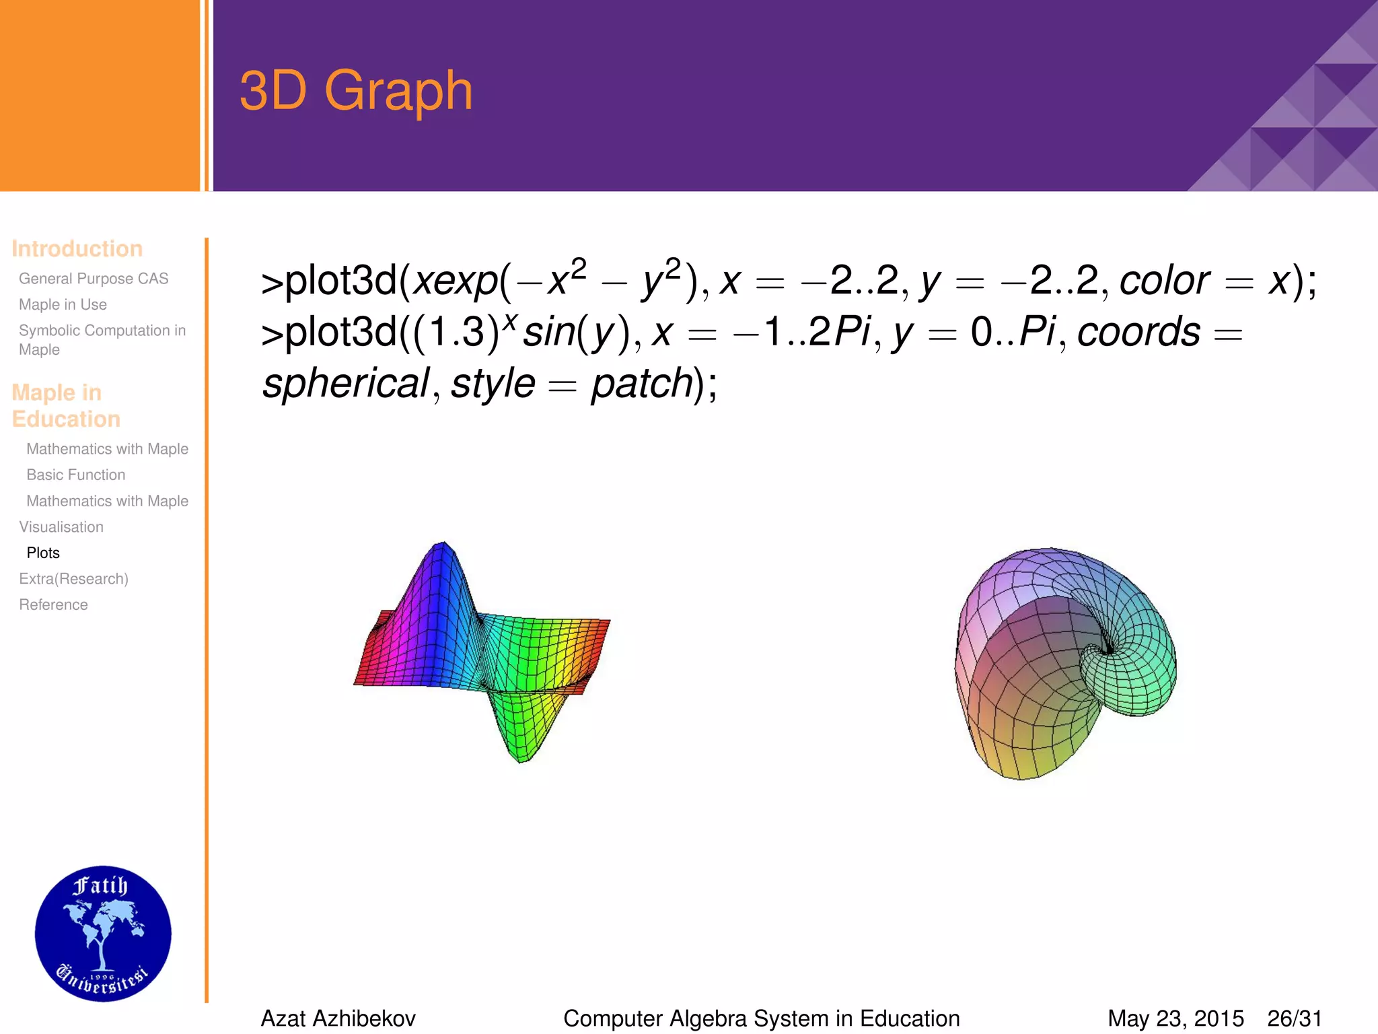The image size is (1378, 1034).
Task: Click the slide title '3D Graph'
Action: coord(356,91)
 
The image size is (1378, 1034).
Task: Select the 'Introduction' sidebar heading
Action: coord(77,248)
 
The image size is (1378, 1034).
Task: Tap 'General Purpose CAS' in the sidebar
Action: coord(94,279)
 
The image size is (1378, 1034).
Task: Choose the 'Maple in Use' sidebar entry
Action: coord(63,304)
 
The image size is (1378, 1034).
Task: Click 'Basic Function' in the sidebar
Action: coord(75,475)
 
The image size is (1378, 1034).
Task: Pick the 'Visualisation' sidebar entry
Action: coord(61,526)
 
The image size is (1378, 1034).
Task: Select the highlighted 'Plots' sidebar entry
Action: coord(43,553)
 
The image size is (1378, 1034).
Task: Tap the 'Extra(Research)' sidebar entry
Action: coord(73,579)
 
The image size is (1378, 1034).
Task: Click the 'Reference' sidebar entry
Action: coord(53,605)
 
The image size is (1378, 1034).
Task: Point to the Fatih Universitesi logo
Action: coord(103,934)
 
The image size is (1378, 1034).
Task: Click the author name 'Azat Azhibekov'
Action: coord(338,1019)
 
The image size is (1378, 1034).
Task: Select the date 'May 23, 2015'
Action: coord(1175,1019)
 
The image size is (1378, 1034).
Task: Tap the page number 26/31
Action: coord(1295,1019)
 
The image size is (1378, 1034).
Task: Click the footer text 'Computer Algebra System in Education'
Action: coord(761,1019)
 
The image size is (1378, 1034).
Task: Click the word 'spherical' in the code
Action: coord(345,384)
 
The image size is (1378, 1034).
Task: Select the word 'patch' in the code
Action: coord(641,384)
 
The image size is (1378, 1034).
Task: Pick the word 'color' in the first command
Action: coord(1164,281)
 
